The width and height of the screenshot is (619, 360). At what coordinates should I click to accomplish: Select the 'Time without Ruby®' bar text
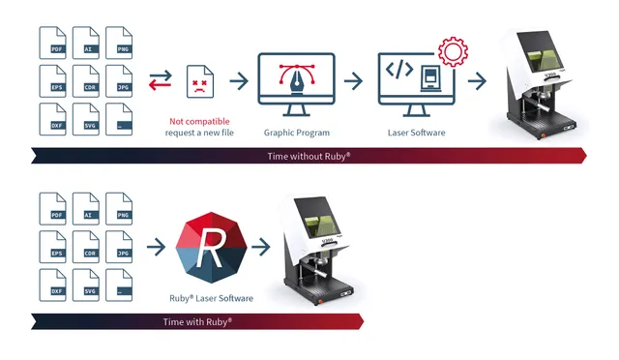(x=309, y=155)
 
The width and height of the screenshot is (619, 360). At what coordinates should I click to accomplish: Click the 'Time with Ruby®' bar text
(x=196, y=320)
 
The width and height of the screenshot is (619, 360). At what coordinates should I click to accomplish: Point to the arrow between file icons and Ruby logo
(x=155, y=249)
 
